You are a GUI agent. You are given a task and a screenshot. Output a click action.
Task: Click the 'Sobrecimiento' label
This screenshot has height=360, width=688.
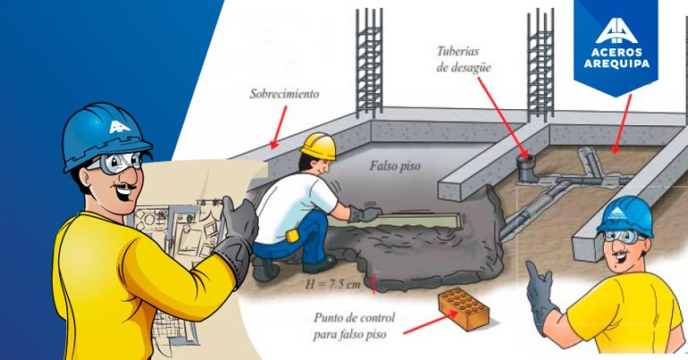coord(285,93)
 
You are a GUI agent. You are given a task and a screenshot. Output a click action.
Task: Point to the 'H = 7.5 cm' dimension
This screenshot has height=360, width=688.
coord(334,285)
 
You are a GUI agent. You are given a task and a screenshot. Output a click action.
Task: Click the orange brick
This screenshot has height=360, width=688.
coord(463,310)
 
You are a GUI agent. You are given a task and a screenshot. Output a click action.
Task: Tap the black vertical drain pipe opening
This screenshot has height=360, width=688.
coord(524,162)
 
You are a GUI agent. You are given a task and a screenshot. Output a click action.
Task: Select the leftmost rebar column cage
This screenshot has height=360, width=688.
coord(368,63)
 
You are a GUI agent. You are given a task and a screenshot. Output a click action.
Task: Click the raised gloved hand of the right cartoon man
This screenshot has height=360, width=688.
coord(540,294)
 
